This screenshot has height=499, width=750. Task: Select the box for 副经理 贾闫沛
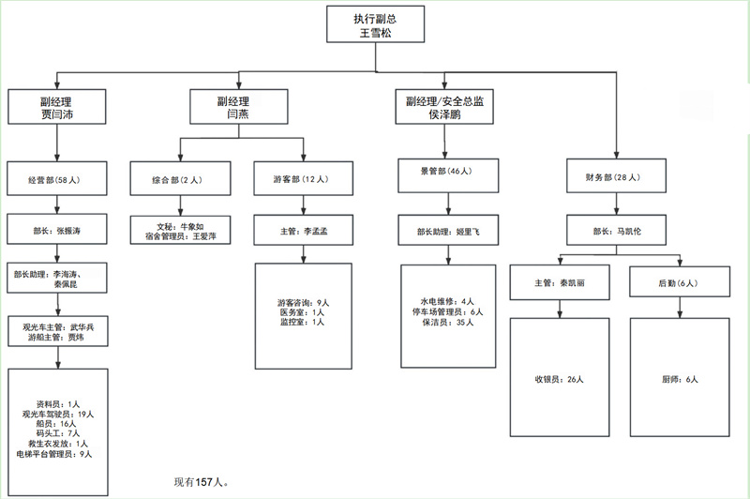(57, 108)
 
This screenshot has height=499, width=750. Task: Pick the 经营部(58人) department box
(57, 178)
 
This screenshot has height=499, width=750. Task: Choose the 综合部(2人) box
(177, 178)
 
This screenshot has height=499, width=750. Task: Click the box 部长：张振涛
(57, 229)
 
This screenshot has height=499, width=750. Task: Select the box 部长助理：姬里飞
(447, 229)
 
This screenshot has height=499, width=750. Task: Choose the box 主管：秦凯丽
(559, 281)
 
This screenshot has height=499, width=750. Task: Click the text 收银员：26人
(559, 380)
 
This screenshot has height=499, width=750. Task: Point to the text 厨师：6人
(678, 380)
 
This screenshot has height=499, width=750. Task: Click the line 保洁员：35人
(448, 323)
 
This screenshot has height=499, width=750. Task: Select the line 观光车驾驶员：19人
(58, 413)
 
